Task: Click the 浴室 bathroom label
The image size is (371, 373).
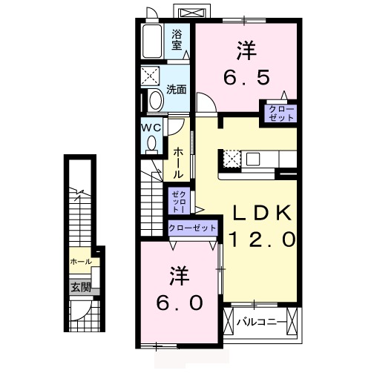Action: (x=177, y=39)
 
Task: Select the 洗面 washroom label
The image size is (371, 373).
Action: (x=176, y=90)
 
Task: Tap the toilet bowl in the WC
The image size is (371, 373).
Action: (x=152, y=146)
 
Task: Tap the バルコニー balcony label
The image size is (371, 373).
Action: (x=260, y=322)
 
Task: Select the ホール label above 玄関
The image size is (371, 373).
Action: (x=80, y=262)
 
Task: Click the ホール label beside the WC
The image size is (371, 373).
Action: (x=178, y=161)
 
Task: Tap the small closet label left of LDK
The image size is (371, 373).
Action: (x=178, y=199)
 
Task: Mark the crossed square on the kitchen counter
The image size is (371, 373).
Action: (x=231, y=159)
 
